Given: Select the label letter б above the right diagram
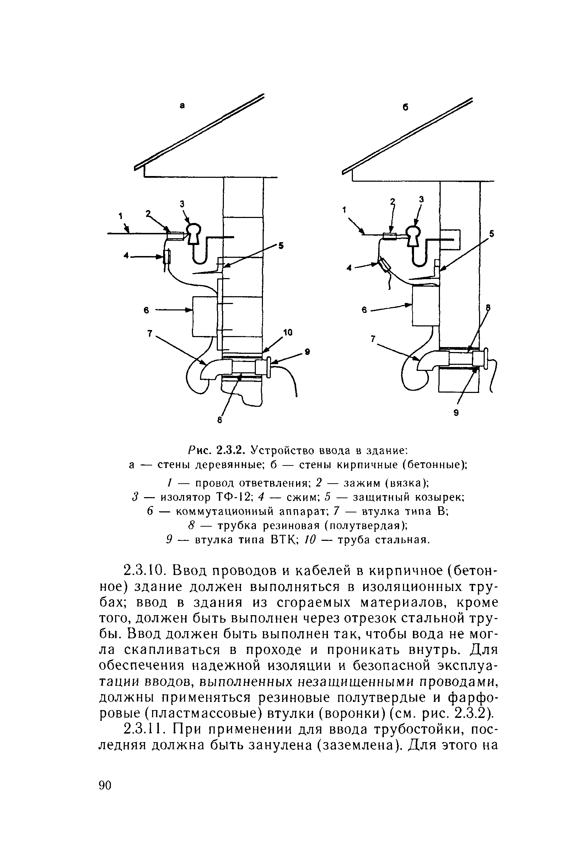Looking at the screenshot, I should point(405,107).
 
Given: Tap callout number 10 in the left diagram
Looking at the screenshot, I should point(288,332).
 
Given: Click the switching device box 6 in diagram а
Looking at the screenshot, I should point(204,316).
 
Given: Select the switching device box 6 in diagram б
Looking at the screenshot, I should point(425,305).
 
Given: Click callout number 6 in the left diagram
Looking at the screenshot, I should point(146,310).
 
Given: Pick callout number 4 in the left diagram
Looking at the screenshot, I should point(126,256).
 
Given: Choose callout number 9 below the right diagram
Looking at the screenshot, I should point(456,413).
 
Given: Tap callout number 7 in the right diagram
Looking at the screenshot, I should point(373,340).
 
